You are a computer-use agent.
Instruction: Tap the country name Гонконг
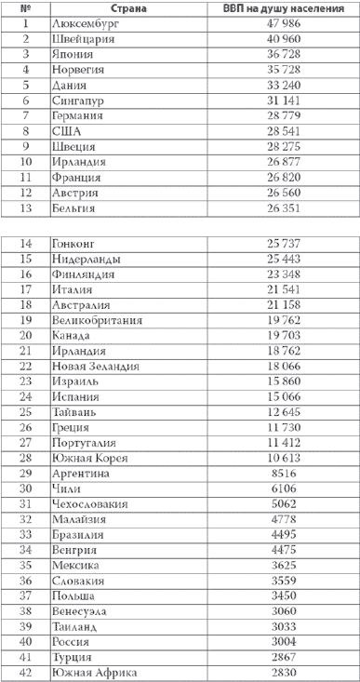click(78, 244)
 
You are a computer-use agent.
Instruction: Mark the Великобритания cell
click(99, 319)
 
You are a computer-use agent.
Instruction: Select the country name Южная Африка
click(95, 672)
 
